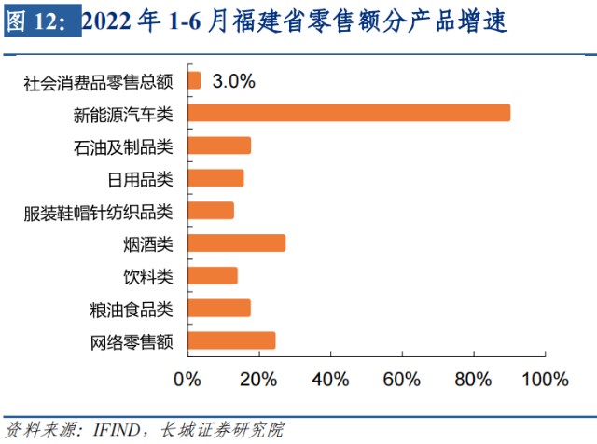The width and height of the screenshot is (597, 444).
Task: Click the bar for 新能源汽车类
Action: pyautogui.click(x=349, y=114)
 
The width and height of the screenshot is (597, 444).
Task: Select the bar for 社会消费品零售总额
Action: pyautogui.click(x=194, y=81)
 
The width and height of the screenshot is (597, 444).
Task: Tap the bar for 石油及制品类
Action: pyautogui.click(x=219, y=146)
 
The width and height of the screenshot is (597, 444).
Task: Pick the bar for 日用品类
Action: pyautogui.click(x=215, y=178)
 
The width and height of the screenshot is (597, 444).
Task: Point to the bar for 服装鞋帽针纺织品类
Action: pyautogui.click(x=211, y=211)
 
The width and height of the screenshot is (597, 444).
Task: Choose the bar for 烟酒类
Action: pyautogui.click(x=236, y=243)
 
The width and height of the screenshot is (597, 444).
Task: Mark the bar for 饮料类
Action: pyautogui.click(x=213, y=276)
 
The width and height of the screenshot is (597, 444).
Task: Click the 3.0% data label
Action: pyautogui.click(x=234, y=81)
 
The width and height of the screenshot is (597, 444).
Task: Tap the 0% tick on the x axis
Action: pyautogui.click(x=187, y=380)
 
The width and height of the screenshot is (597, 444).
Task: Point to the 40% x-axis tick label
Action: pyautogui.click(x=329, y=380)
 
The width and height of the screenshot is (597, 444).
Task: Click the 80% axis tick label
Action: pyautogui.click(x=473, y=380)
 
